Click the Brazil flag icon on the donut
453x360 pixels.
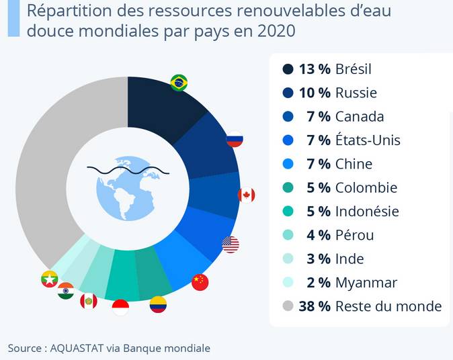[x=179, y=83]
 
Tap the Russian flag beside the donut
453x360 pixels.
[x=235, y=140]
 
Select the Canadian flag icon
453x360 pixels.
[x=247, y=195]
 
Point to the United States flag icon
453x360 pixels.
[x=231, y=244]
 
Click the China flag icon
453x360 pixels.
[x=200, y=282]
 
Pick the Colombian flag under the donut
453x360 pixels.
[x=158, y=305]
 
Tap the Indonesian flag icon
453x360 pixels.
[x=120, y=308]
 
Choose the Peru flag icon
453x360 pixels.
[x=89, y=301]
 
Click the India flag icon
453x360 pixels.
[x=66, y=291]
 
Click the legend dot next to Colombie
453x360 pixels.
[x=288, y=188]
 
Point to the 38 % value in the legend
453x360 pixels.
[x=315, y=306]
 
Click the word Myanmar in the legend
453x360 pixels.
[x=366, y=283]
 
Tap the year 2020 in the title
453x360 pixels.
[x=278, y=32]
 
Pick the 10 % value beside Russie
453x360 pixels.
[x=315, y=93]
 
